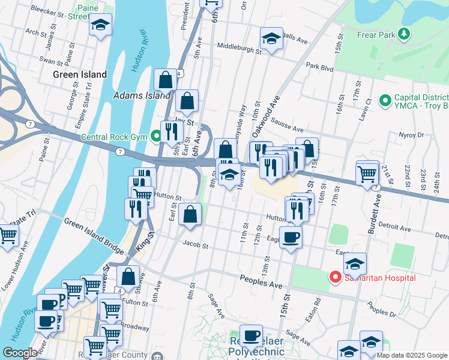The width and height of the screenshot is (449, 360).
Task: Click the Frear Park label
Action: click(x=376, y=35)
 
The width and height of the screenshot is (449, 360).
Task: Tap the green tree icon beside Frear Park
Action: click(x=406, y=34)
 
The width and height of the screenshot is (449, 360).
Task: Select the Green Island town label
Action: click(x=79, y=75)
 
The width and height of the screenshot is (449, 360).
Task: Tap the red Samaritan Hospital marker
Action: click(x=335, y=277)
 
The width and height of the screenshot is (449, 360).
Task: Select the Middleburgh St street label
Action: click(x=239, y=46)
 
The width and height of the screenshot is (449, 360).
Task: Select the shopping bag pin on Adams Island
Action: click(x=165, y=79)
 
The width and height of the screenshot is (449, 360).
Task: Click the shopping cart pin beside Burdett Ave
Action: click(x=367, y=174)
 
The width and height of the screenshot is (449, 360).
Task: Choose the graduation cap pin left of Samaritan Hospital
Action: click(x=355, y=264)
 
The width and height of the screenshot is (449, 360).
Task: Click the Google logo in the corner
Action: click(x=20, y=352)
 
